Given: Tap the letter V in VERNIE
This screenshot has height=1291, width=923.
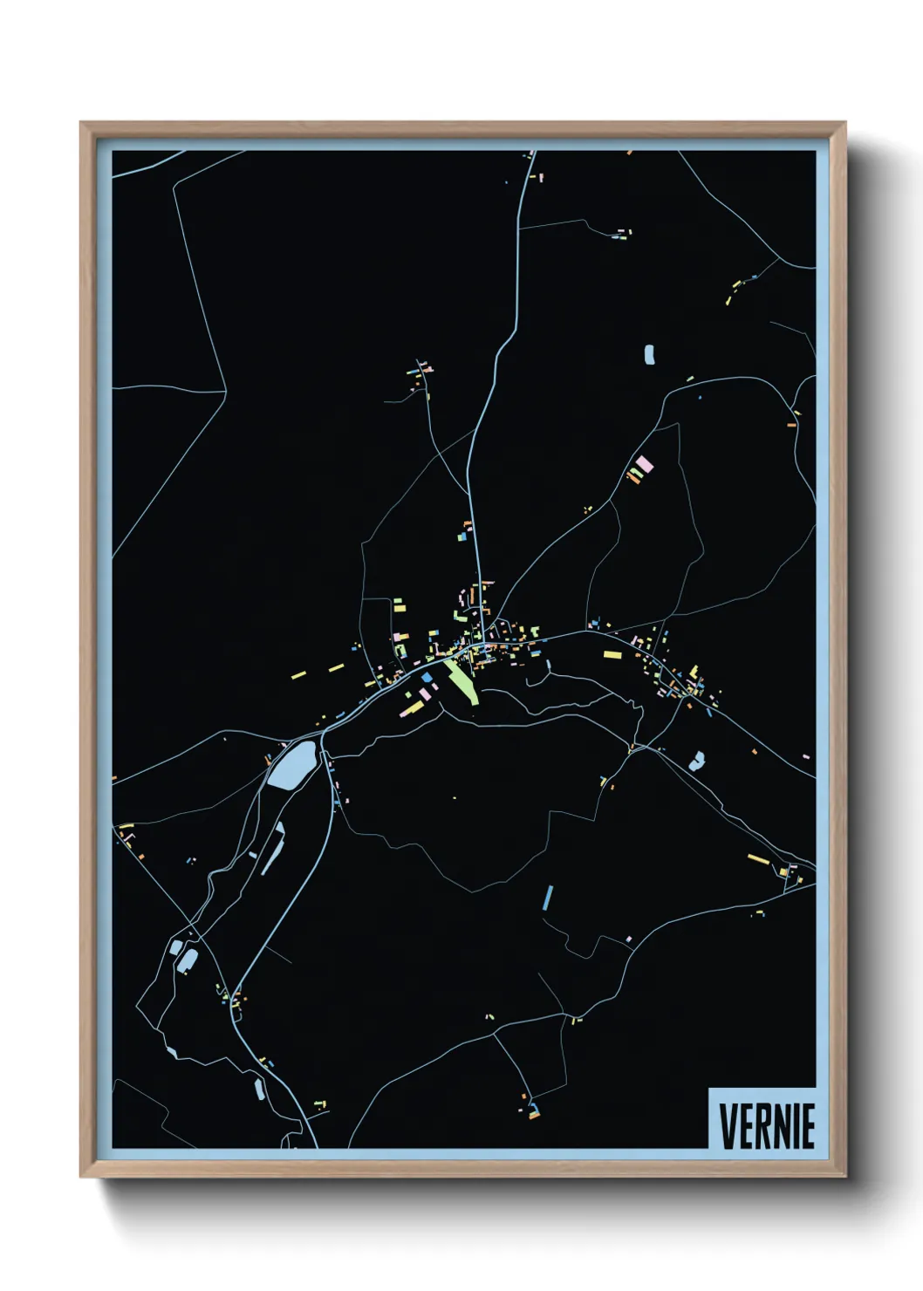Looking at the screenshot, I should (x=727, y=1126).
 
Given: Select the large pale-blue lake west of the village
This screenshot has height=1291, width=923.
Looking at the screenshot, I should (x=291, y=767).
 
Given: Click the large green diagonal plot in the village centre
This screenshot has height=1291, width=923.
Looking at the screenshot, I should (x=461, y=681).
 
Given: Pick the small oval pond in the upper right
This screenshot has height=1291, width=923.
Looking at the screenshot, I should (x=649, y=354).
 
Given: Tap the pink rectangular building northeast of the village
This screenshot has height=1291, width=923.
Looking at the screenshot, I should (x=644, y=463).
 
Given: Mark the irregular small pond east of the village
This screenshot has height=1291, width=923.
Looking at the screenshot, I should (x=696, y=762).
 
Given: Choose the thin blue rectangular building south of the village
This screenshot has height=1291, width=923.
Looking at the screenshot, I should (x=548, y=897).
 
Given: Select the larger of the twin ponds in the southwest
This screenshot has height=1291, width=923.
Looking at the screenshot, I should (x=188, y=960).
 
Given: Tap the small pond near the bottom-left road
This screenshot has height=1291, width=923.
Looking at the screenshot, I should (x=259, y=1088).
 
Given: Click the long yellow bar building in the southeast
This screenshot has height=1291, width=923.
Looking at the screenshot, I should (x=756, y=858).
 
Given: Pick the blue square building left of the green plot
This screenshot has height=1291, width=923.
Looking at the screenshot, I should (x=427, y=677).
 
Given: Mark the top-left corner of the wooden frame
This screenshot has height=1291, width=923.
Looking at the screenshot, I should (x=81, y=123).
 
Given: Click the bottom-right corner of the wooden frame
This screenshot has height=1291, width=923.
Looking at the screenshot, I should (x=844, y=1177).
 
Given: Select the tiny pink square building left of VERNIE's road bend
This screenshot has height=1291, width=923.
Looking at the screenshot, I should (x=628, y=939).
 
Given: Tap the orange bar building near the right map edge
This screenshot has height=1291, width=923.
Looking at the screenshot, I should (x=792, y=425).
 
